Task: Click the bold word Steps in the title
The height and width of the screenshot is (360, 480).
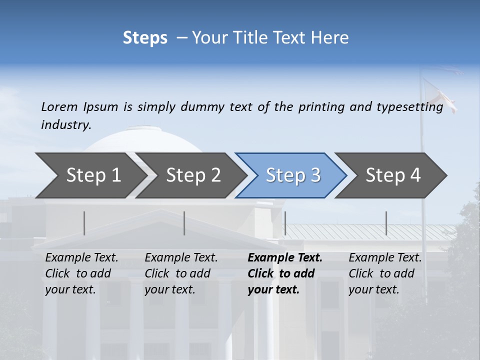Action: pos(145,38)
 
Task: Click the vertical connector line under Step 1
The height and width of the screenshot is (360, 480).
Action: pos(84,223)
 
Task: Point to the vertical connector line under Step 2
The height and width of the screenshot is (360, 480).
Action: pos(184,223)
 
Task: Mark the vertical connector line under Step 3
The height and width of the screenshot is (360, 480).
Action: pos(285,223)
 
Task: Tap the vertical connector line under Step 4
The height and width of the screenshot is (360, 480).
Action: pos(386,223)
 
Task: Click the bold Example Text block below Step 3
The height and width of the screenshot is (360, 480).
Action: pos(285,273)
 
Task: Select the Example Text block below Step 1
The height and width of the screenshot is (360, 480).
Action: pos(81,273)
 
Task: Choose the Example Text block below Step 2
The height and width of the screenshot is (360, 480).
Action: pos(181,273)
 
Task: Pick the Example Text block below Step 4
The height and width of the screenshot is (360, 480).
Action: pos(385,273)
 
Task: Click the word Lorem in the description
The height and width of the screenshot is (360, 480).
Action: pos(59,107)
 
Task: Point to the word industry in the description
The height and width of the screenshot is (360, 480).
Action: pos(66,125)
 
